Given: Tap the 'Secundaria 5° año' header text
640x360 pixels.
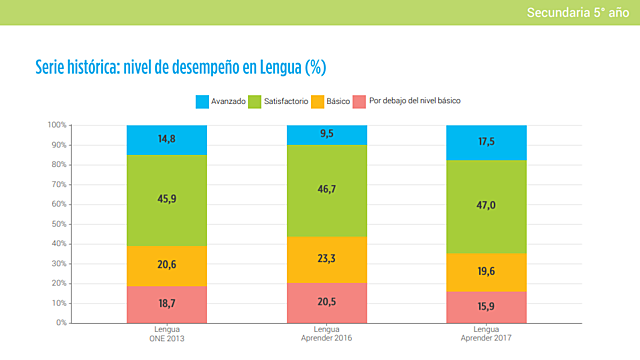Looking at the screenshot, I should [x=578, y=12].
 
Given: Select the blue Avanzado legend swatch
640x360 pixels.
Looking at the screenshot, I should [x=202, y=102].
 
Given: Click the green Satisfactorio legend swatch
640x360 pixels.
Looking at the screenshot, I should [x=254, y=102].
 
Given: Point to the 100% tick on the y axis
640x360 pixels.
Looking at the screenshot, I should [x=57, y=125].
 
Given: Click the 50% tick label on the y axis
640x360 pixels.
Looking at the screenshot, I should [x=59, y=224].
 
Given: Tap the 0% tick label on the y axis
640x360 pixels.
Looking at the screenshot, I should [x=61, y=322].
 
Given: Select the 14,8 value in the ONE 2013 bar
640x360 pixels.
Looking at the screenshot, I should [x=167, y=139].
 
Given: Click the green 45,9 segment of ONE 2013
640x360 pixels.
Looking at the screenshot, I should [x=167, y=200].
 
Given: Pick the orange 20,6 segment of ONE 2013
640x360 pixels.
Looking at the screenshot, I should [x=167, y=265].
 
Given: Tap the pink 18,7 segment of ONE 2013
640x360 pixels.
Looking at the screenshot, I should [x=167, y=304].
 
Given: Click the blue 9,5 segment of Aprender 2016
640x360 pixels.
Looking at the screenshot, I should [x=327, y=134].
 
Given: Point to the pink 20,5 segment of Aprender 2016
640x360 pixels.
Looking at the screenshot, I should [x=327, y=302].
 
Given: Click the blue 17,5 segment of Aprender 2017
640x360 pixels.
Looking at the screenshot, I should [x=486, y=142].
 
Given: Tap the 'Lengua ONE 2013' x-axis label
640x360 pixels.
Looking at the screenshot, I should [x=167, y=334].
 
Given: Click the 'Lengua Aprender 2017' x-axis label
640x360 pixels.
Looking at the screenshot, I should [x=486, y=334].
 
